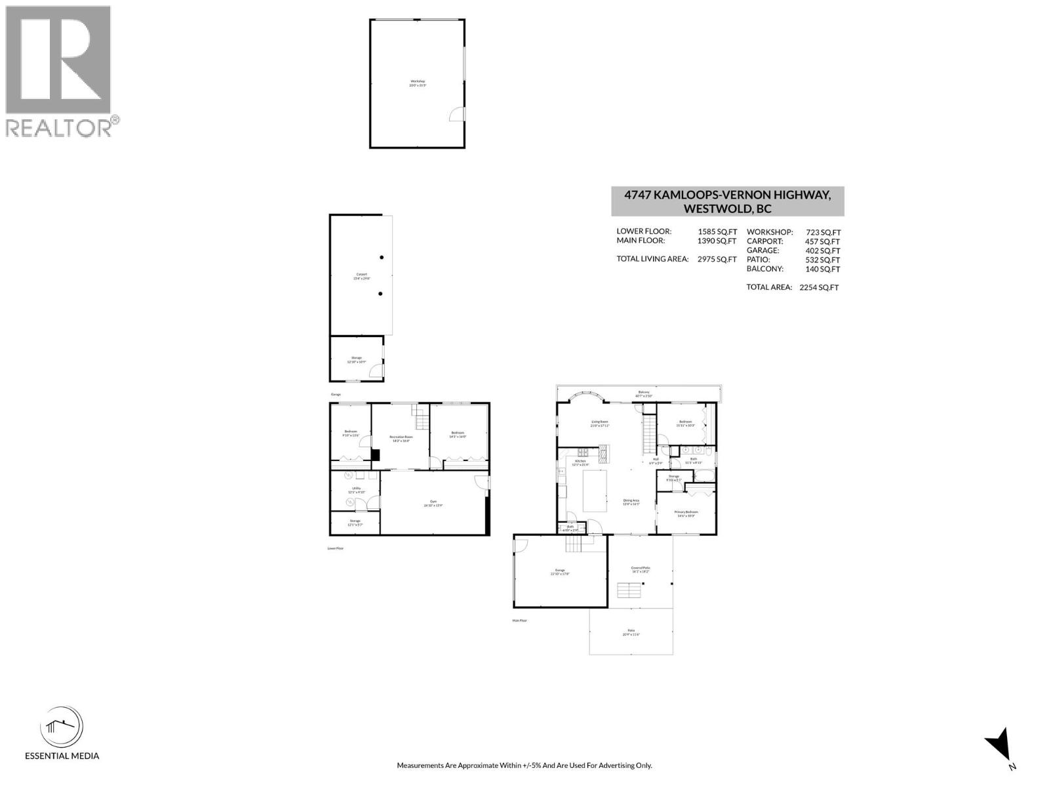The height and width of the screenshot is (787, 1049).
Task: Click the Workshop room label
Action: tap(418, 83)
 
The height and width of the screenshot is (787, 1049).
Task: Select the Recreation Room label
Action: tap(401, 438)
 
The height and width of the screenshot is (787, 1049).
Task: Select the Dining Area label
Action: tap(631, 502)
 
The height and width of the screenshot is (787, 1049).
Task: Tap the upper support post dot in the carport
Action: tap(382, 258)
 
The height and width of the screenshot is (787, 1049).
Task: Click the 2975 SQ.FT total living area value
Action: tap(717, 259)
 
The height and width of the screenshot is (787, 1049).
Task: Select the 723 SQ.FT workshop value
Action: tap(823, 232)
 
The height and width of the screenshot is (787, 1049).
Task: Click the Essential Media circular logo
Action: tap(62, 728)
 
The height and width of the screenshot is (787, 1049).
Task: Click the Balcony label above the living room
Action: tap(644, 393)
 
